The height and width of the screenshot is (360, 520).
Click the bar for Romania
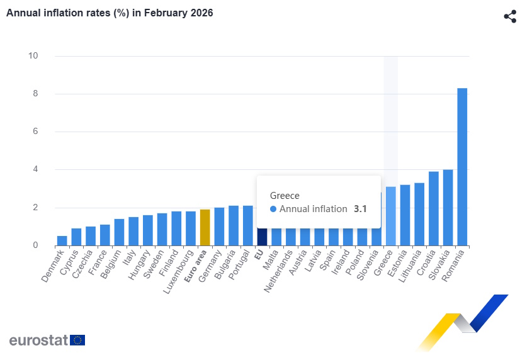coord(462,167)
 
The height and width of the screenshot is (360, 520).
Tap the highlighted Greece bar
coord(391,216)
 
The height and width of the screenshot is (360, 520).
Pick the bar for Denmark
coord(62,240)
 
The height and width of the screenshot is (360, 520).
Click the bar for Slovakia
coord(448,207)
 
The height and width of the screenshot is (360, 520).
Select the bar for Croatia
coord(434,208)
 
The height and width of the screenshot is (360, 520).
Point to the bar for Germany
coord(219,227)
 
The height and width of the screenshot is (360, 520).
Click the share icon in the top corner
coord(510,16)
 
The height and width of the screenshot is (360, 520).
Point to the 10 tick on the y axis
coord(33,56)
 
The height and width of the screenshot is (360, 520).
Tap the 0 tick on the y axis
coord(35,245)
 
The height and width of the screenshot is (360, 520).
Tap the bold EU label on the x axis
coord(259,255)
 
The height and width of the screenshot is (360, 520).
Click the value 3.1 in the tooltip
coord(361,209)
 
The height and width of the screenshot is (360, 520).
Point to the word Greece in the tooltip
coord(285,195)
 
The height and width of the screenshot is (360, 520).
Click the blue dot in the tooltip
coord(273,209)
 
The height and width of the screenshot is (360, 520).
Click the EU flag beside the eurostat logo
coord(78,340)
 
